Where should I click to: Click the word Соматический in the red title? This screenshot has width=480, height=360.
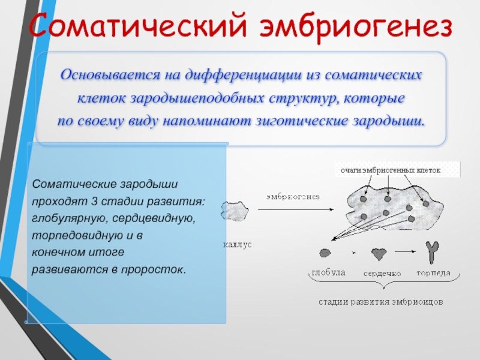138,25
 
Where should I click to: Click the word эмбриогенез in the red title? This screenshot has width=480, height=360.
356,26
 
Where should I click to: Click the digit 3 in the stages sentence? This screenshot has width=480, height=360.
94,202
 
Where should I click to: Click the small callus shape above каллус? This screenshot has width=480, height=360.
235,211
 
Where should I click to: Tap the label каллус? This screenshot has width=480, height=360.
237,245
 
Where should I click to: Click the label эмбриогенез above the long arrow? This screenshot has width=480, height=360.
293,197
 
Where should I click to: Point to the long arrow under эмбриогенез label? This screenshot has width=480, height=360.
296,209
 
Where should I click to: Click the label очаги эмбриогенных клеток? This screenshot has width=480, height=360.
391,170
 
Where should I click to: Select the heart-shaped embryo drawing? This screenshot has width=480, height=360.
379,254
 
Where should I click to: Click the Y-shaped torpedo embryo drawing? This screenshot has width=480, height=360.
432,252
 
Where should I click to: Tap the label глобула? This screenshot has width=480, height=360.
328,272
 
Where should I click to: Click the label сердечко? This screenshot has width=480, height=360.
382,274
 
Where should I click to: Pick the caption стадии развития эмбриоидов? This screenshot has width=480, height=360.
381,302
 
